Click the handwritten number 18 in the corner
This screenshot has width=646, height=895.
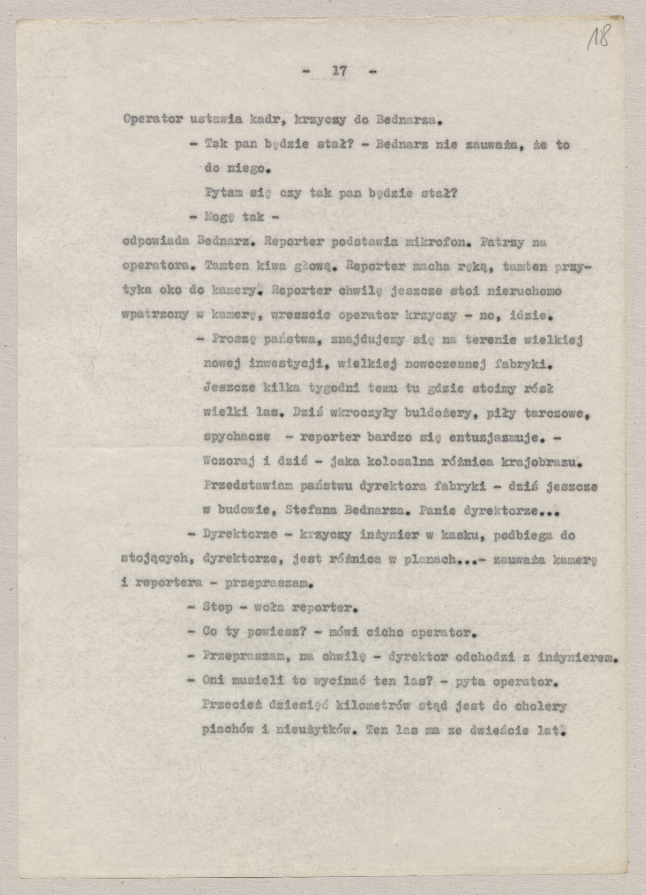[x=598, y=38]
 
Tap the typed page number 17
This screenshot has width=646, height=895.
[x=339, y=71]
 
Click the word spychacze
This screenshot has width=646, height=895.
[x=236, y=437]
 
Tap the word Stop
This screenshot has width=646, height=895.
[x=217, y=608]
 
